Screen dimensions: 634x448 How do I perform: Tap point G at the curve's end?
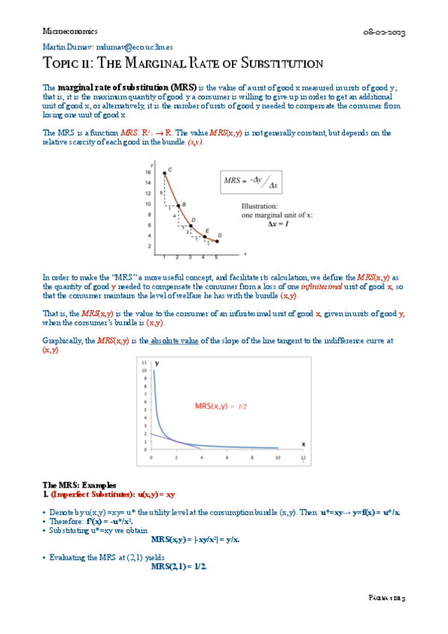218,241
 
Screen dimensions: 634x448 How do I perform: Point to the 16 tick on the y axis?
150,171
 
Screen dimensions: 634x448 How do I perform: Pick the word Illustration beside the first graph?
260,206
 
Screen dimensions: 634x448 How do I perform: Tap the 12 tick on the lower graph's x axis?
303,457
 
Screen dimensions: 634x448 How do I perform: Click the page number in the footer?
387,599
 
